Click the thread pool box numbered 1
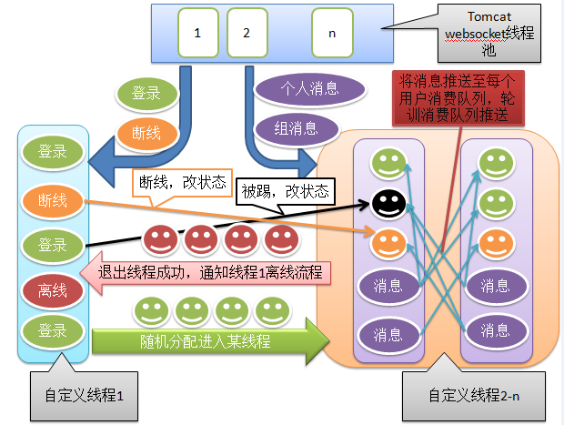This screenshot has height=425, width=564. click(198, 33)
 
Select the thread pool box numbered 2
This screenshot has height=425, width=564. click(247, 33)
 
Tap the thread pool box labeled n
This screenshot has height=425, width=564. click(332, 33)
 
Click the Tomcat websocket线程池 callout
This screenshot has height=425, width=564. click(489, 34)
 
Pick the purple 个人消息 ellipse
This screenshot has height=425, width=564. click(309, 89)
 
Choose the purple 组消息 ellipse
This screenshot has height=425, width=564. click(297, 129)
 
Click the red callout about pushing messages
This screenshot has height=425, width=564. click(458, 98)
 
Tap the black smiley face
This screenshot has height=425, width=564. click(388, 204)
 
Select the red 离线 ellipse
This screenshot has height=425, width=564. click(53, 290)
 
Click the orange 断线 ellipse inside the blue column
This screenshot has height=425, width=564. click(53, 200)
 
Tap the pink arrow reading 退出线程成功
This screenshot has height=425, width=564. click(206, 273)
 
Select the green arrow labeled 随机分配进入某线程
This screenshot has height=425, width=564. click(211, 341)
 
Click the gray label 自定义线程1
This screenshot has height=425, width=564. click(85, 396)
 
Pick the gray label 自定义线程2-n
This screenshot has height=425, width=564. click(474, 396)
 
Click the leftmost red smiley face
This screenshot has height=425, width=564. click(160, 239)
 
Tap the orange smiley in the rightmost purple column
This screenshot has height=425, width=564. click(496, 244)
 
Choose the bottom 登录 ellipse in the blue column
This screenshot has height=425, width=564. click(53, 331)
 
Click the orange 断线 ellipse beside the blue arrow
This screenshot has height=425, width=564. click(146, 134)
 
